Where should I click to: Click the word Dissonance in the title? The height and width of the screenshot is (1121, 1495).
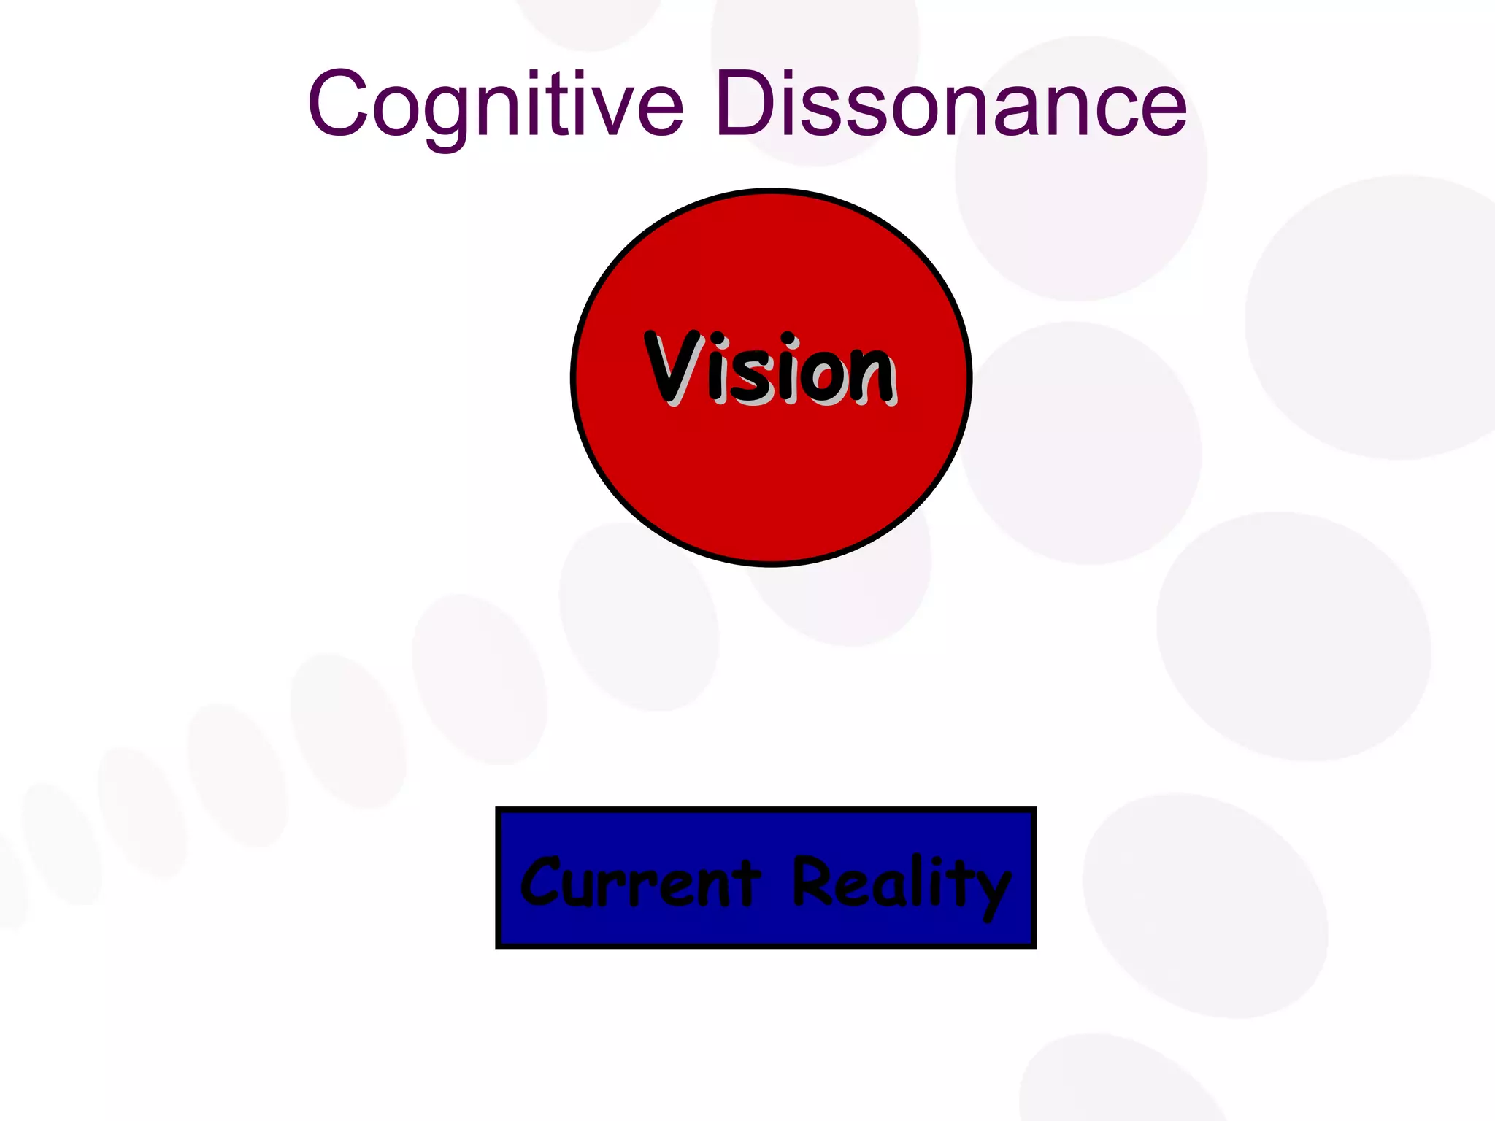pyautogui.click(x=950, y=104)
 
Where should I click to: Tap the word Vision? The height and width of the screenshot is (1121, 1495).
pyautogui.click(x=769, y=369)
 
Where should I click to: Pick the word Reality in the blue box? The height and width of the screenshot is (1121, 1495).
pyautogui.click(x=902, y=882)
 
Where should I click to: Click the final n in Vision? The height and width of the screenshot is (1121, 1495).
pyautogui.click(x=873, y=376)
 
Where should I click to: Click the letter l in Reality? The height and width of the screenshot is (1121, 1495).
pyautogui.click(x=917, y=879)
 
